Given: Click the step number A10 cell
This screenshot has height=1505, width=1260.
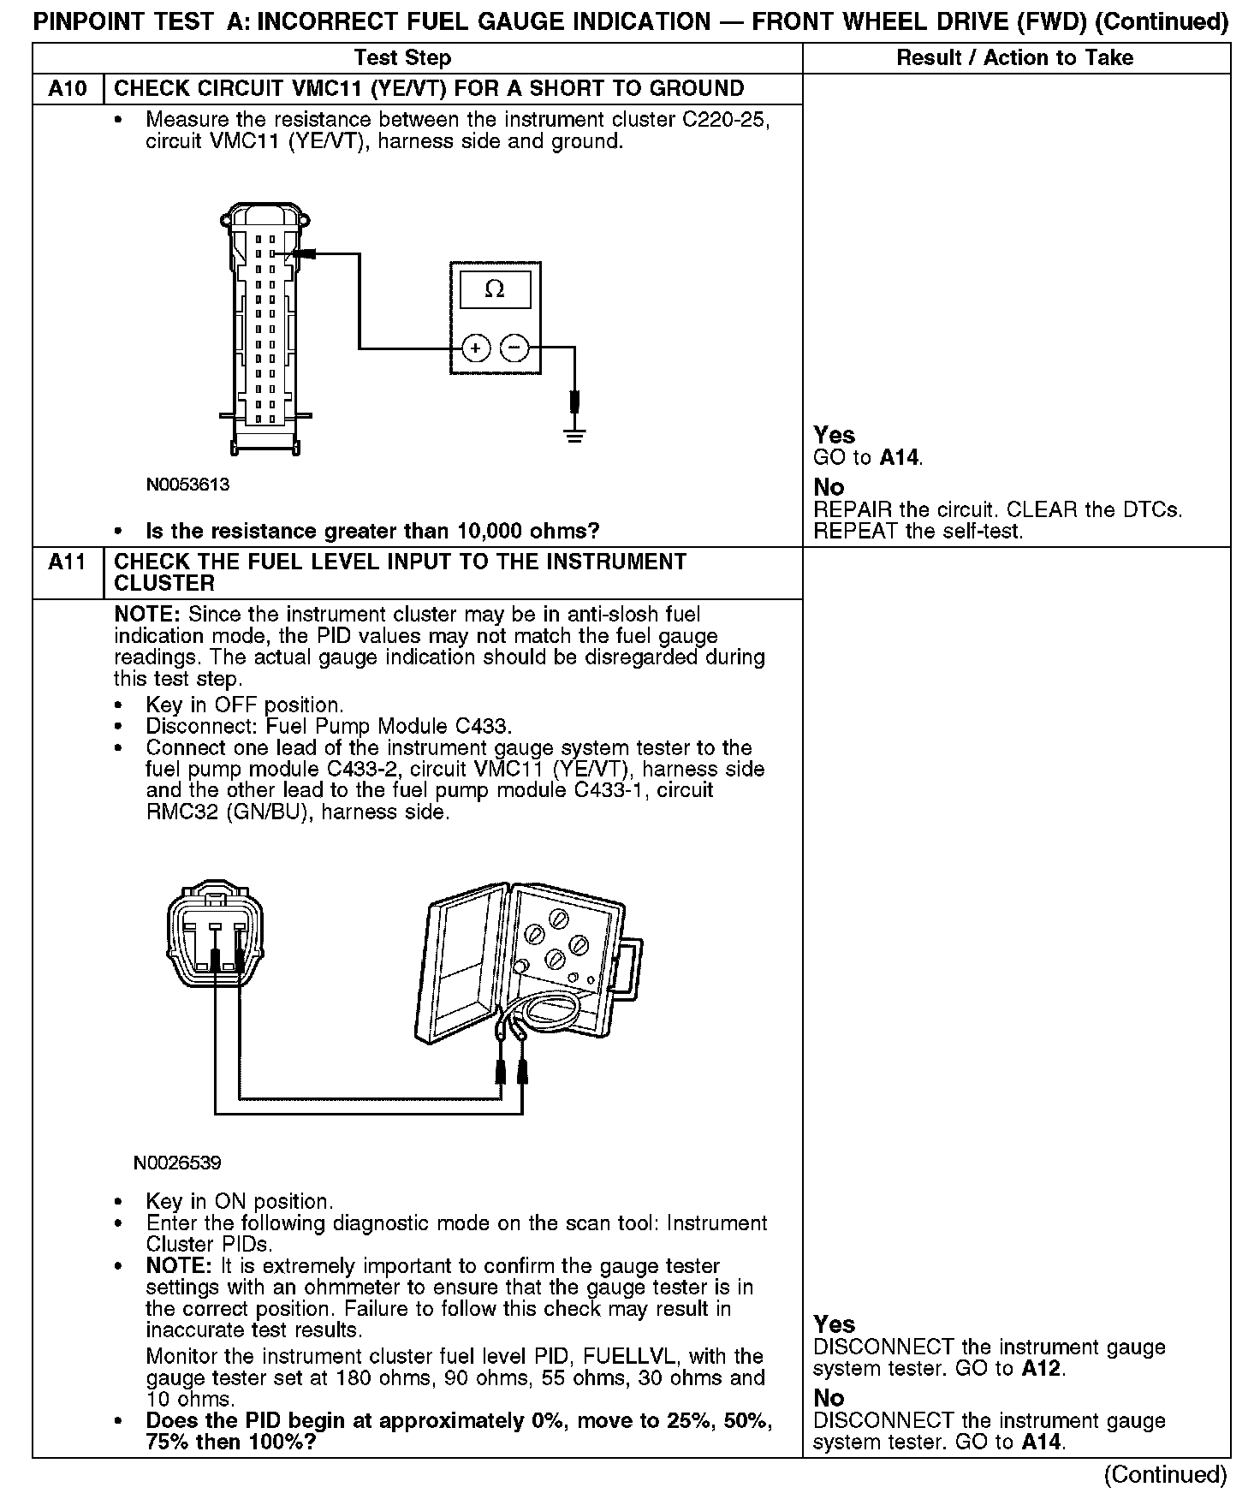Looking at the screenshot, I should pos(68,89).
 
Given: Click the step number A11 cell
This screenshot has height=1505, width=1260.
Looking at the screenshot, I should pos(68,562).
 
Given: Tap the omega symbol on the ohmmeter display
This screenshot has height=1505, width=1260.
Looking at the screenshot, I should pos(495,289).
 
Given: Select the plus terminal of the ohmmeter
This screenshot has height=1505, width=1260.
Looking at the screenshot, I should pos(476,348).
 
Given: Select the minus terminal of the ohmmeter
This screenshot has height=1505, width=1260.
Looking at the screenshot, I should pos(514,348).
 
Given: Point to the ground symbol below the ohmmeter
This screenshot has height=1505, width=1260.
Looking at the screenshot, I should pos(574,435).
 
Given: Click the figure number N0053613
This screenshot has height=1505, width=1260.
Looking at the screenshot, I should pos(187,485).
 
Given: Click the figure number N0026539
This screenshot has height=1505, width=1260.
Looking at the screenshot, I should pos(177,1163).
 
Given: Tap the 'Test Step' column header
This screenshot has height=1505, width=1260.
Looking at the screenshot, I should pos(402,57).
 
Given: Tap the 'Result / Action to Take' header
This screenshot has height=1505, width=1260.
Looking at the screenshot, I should pos(1015,57).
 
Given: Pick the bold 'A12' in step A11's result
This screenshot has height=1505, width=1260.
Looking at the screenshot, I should pos(1041,1369).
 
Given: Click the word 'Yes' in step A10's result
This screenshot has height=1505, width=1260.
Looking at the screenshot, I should pos(835,435).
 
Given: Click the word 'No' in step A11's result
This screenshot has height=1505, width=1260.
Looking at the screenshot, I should pos(829,1398).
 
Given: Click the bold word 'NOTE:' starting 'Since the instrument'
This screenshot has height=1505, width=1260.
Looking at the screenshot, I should pos(148,615).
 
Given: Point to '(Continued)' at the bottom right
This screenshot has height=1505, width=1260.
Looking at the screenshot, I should pos(1166,1474).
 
